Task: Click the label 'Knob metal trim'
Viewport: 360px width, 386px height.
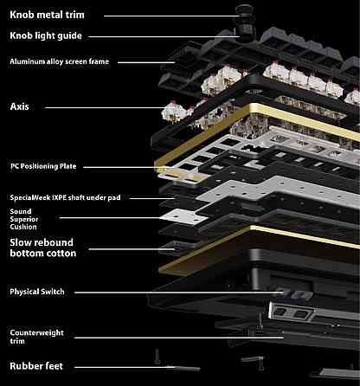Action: [47, 15]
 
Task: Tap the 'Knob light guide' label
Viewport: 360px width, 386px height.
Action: [46, 35]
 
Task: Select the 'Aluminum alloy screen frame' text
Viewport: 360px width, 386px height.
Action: [60, 61]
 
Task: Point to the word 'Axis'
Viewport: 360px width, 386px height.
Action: [19, 106]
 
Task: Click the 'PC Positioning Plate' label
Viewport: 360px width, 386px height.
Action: [43, 166]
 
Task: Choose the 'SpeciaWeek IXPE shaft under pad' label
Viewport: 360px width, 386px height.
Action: [65, 197]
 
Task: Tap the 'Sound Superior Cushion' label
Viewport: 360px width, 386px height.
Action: [24, 219]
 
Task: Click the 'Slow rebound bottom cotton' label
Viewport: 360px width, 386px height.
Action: [43, 248]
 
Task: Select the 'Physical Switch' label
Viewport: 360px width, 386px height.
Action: [37, 292]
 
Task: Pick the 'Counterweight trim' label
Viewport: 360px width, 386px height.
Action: [36, 337]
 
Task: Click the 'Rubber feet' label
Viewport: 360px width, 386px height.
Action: [36, 366]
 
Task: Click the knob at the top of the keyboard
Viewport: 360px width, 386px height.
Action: [246, 23]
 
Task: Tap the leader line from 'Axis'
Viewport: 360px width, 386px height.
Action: [105, 108]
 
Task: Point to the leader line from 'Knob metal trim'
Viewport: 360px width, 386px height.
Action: [171, 16]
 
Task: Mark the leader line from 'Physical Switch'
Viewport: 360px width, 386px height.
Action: [179, 293]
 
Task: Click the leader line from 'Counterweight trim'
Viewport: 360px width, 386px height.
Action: [179, 338]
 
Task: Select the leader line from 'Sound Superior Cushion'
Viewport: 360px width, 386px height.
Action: [110, 218]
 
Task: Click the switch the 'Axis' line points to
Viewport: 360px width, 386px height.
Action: [174, 112]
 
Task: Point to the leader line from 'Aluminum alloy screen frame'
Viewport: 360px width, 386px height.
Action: [146, 62]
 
